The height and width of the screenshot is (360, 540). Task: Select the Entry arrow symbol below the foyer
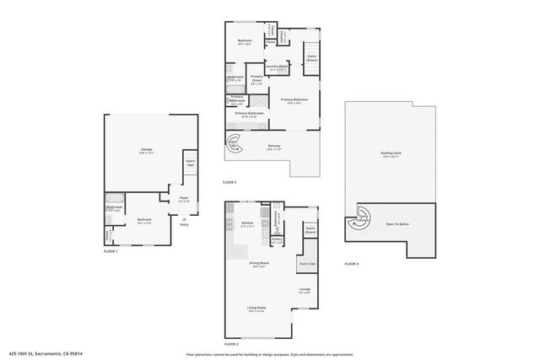pyautogui.click(x=184, y=218)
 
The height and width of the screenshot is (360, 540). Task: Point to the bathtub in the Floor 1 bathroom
pyautogui.click(x=116, y=207)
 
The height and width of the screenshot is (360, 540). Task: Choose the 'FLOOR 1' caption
pyautogui.click(x=111, y=251)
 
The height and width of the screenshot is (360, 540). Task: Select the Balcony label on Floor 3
pyautogui.click(x=274, y=147)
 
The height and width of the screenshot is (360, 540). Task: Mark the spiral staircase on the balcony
pyautogui.click(x=233, y=145)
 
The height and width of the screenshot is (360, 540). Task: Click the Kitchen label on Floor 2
pyautogui.click(x=247, y=224)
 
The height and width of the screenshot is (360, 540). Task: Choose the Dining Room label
pyautogui.click(x=259, y=264)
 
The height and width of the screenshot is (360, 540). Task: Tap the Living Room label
pyautogui.click(x=256, y=309)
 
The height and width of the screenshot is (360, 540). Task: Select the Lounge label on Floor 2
pyautogui.click(x=305, y=291)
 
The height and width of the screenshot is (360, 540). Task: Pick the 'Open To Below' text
pyautogui.click(x=398, y=224)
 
